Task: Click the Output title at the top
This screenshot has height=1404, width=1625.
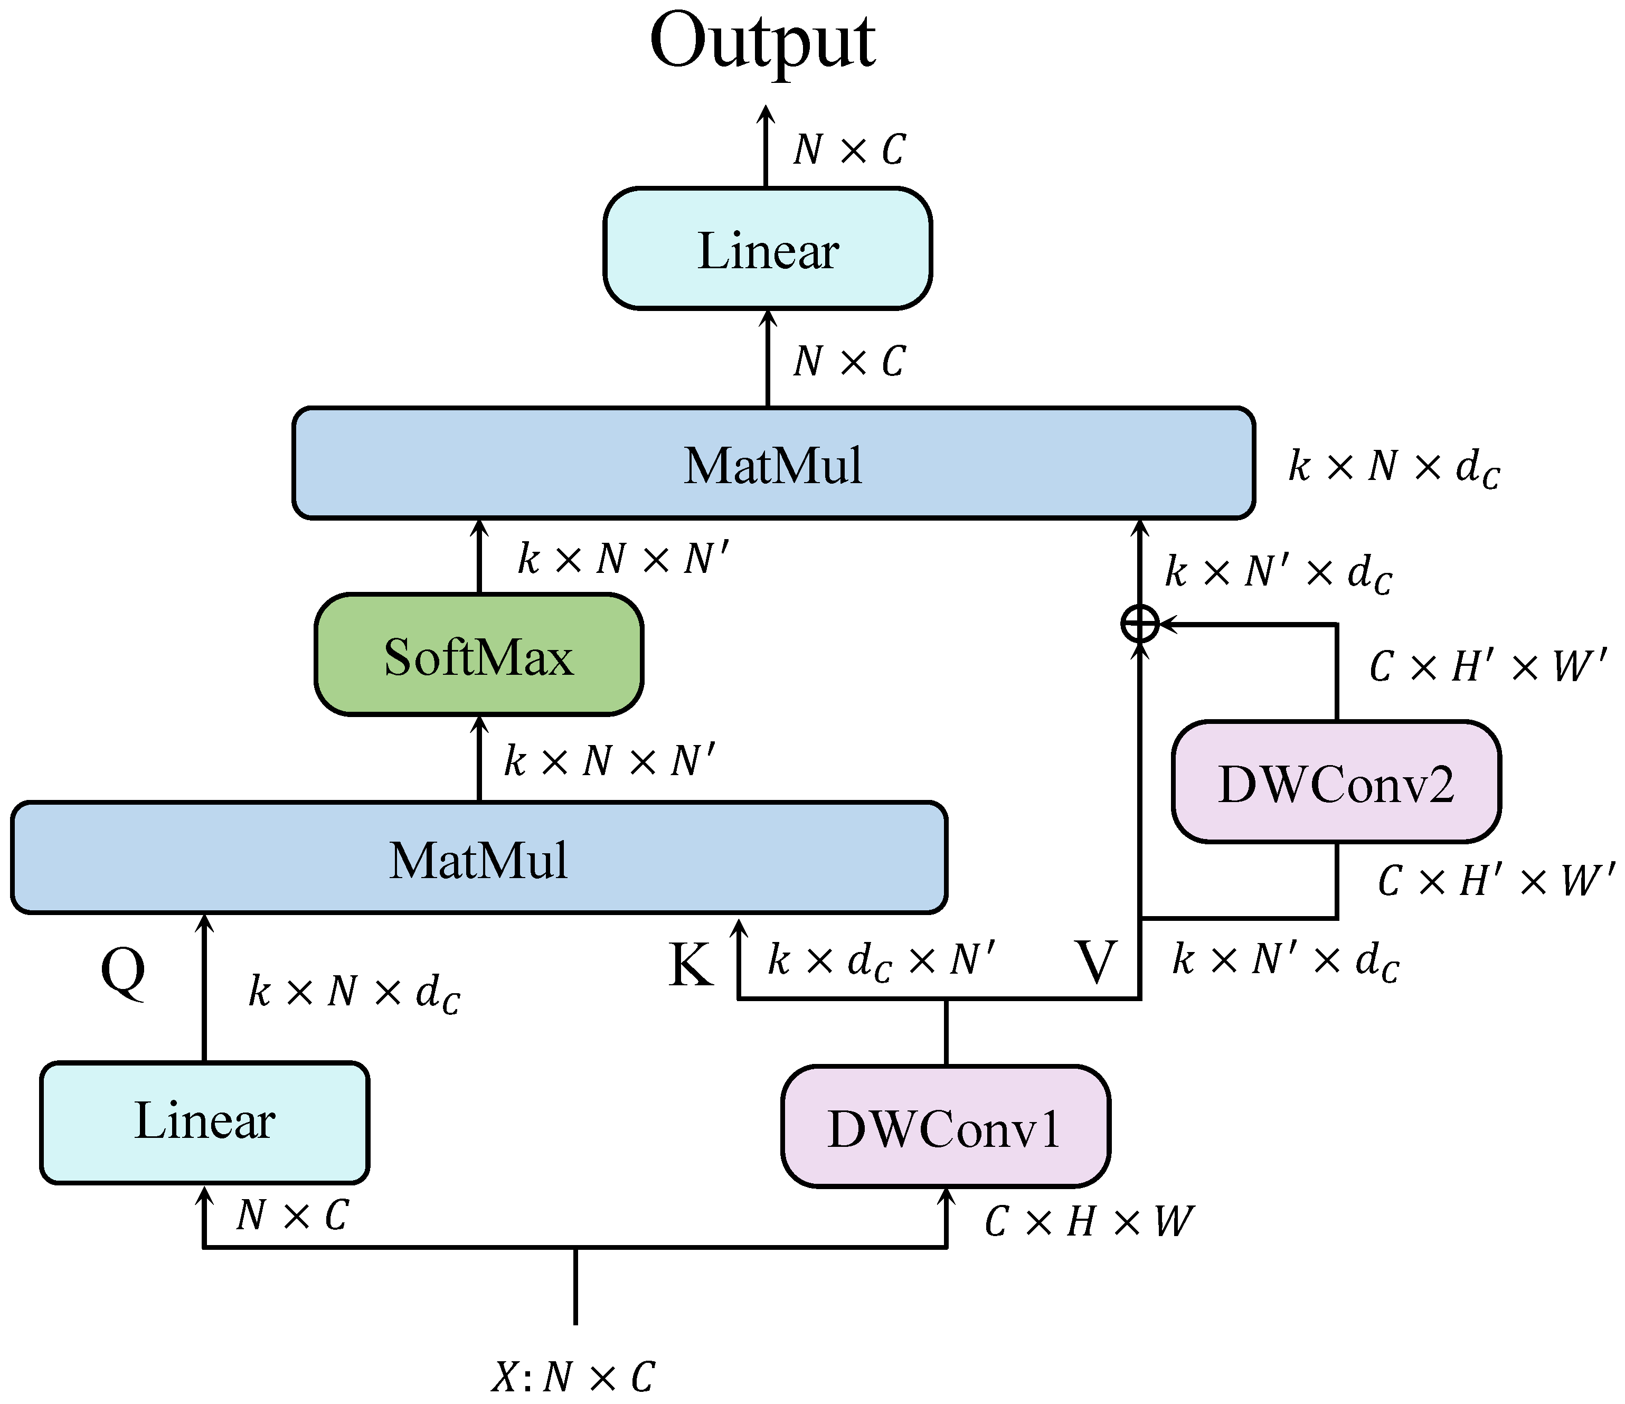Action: (x=762, y=43)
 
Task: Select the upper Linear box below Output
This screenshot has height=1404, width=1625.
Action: (x=767, y=249)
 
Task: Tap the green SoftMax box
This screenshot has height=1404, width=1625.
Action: (x=478, y=655)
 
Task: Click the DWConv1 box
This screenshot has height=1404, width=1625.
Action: (x=945, y=1127)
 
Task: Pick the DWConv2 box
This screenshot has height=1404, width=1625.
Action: (x=1336, y=782)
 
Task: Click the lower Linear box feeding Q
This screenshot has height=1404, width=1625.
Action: (x=205, y=1122)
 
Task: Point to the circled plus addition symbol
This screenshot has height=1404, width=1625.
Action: (x=1139, y=624)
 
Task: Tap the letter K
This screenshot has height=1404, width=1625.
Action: (x=690, y=965)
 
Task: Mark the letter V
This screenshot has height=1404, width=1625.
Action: (x=1095, y=962)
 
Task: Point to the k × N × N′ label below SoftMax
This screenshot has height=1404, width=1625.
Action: (x=609, y=761)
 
